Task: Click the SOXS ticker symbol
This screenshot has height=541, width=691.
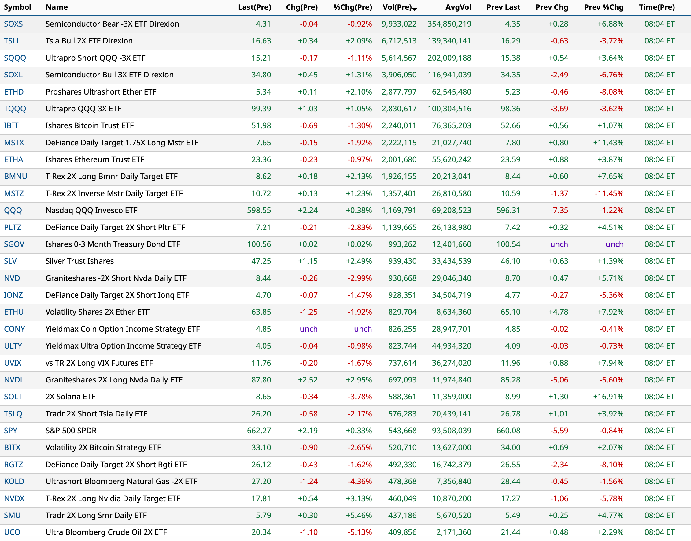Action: coord(13,24)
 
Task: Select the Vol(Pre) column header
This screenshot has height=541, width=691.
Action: coord(397,7)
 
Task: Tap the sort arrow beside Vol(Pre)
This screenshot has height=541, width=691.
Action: coord(415,9)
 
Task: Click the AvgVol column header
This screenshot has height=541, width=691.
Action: coord(458,7)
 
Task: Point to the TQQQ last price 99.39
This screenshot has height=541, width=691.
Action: coord(261,109)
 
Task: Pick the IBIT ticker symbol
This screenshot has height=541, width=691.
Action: coord(11,126)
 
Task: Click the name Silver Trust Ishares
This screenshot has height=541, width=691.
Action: coord(79,261)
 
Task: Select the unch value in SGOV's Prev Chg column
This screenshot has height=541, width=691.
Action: coord(559,244)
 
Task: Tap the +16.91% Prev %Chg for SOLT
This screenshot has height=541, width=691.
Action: coord(608,397)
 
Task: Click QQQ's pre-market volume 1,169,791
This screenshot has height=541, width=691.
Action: coord(399,210)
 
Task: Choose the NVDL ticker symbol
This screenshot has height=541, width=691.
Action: coord(14,380)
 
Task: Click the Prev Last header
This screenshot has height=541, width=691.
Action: coord(503,7)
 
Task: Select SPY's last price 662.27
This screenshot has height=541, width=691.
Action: coord(259,431)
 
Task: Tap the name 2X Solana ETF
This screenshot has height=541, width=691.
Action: coord(70,397)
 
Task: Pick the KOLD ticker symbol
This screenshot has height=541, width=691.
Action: coord(14,481)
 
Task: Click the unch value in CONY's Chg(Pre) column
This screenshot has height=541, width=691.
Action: coord(309,329)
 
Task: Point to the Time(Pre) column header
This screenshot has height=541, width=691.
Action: coord(657,7)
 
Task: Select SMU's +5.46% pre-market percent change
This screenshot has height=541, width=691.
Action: coord(359,515)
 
